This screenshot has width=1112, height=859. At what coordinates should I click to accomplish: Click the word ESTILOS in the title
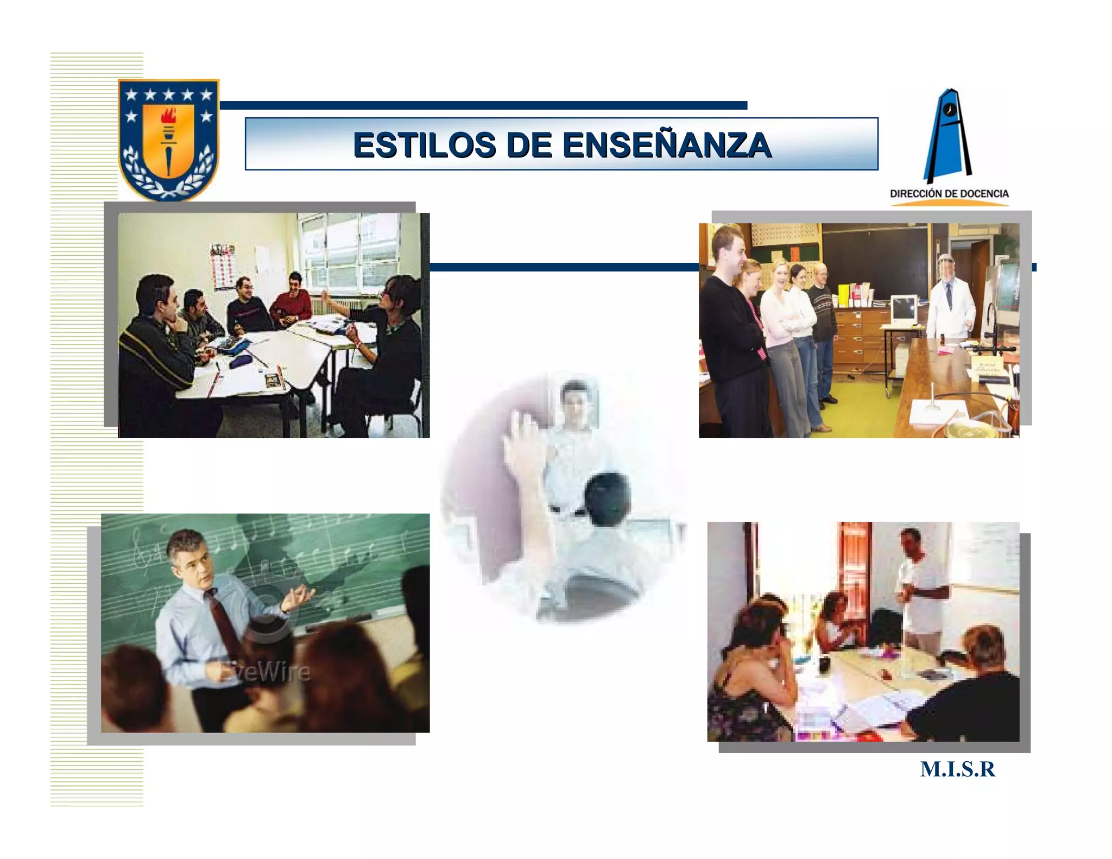click(425, 145)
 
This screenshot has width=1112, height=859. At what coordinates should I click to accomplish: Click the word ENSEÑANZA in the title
click(667, 145)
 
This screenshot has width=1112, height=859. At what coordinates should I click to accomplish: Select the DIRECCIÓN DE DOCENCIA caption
click(949, 194)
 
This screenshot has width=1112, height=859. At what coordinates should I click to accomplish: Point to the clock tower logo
click(948, 136)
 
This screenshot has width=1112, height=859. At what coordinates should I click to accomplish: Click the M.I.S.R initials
click(958, 770)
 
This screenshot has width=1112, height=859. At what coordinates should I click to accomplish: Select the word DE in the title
click(529, 145)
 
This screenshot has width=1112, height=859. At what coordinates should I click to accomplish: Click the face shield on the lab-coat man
click(948, 269)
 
